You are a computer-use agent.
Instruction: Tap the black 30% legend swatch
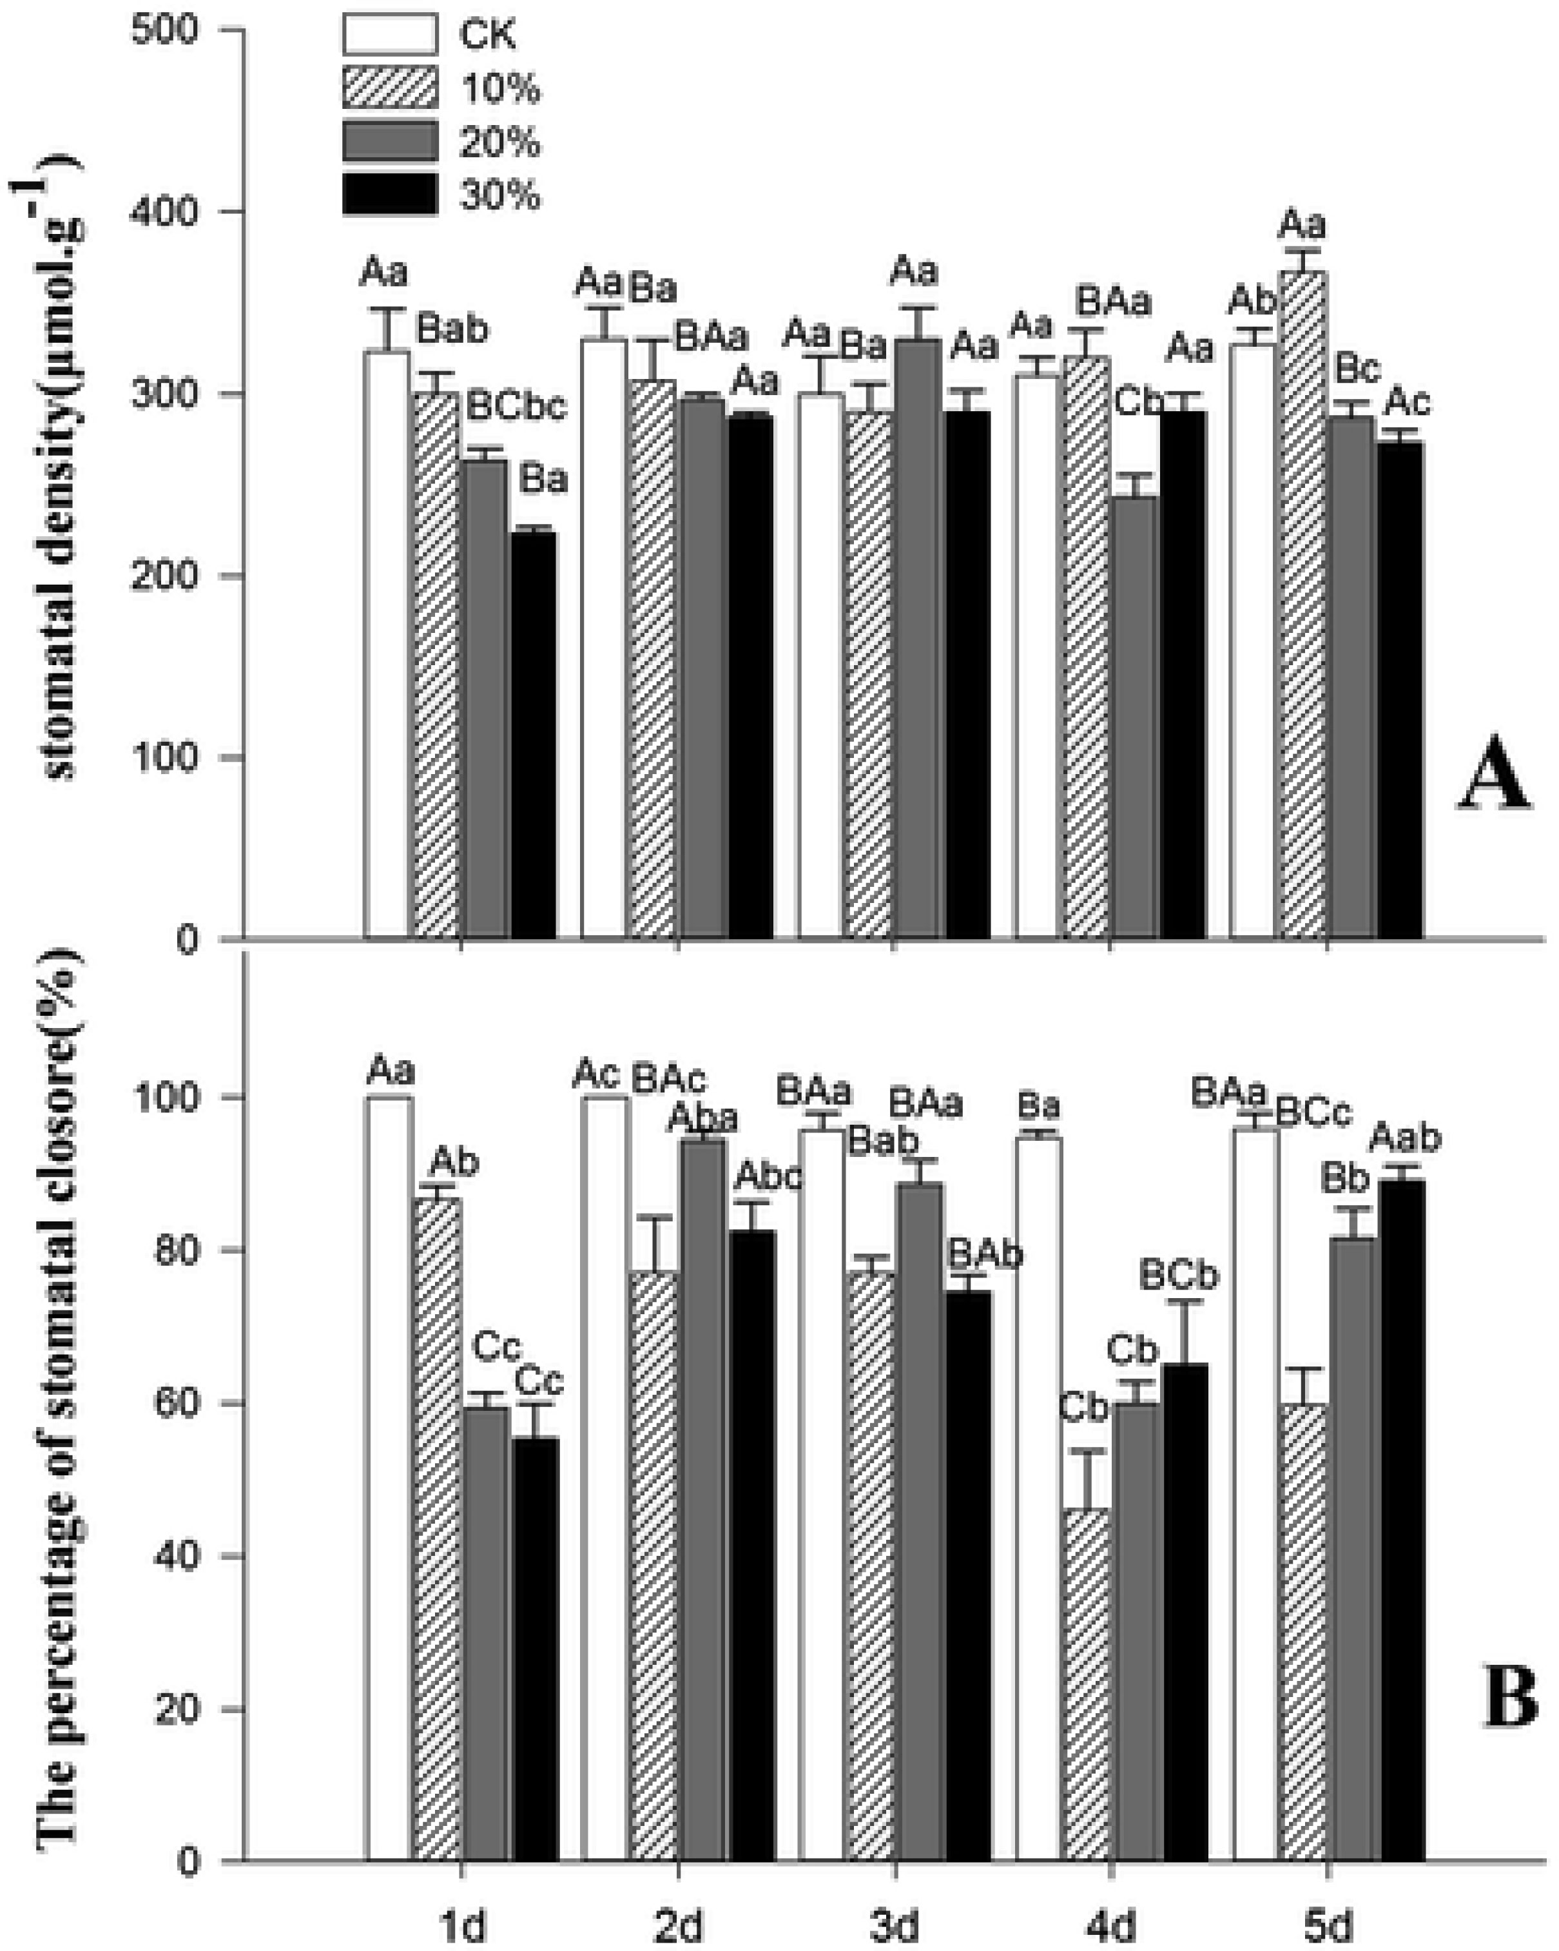[389, 193]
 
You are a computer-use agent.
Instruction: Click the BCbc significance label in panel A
[516, 407]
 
